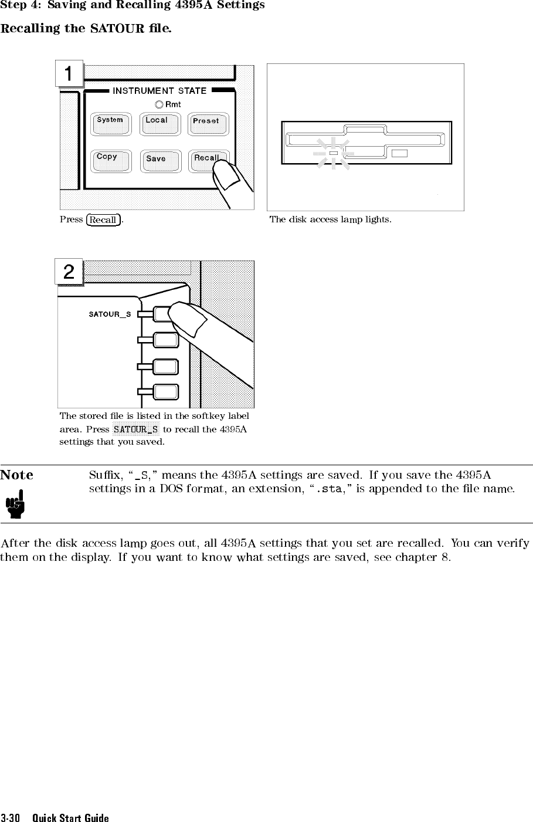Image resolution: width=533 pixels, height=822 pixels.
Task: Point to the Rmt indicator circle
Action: [159, 104]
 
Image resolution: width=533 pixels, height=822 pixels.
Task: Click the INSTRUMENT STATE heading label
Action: [159, 90]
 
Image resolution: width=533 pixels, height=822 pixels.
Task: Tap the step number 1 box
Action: [69, 75]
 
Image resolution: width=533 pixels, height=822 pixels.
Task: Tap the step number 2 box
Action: [69, 272]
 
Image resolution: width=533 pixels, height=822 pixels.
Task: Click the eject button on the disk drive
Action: [399, 153]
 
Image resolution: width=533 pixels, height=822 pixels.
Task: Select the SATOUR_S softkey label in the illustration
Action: [110, 314]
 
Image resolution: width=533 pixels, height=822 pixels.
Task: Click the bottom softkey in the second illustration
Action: [166, 393]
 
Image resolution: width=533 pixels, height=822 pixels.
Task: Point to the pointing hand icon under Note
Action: [16, 503]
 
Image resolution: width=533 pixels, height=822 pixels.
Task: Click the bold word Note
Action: [17, 475]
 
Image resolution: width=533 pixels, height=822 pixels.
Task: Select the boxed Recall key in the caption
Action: [103, 220]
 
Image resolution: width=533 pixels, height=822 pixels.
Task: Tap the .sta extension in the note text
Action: [325, 489]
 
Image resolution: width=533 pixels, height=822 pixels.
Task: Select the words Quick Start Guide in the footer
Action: [70, 817]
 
